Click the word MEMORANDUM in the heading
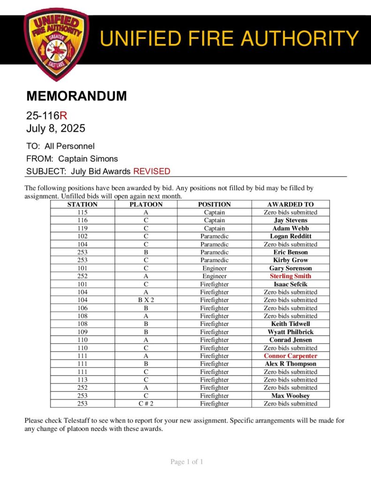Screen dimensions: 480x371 (76, 96)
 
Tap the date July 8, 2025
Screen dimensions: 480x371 (55, 128)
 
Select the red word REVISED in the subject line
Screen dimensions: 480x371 (151, 171)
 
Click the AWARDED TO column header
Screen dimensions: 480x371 (290, 204)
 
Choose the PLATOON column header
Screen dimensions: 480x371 (146, 204)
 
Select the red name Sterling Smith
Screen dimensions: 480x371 (290, 276)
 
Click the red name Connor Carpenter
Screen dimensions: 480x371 (290, 356)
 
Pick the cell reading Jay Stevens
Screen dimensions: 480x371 (290, 220)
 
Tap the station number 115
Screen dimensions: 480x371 (82, 212)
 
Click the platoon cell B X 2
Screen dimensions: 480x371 (146, 300)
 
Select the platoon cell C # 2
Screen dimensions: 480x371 (146, 404)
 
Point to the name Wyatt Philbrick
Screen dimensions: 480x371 (290, 332)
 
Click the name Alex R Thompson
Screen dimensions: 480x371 (290, 364)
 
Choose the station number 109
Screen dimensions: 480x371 (82, 332)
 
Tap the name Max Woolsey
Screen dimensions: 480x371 (290, 396)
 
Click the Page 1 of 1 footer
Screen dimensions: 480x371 (187, 462)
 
